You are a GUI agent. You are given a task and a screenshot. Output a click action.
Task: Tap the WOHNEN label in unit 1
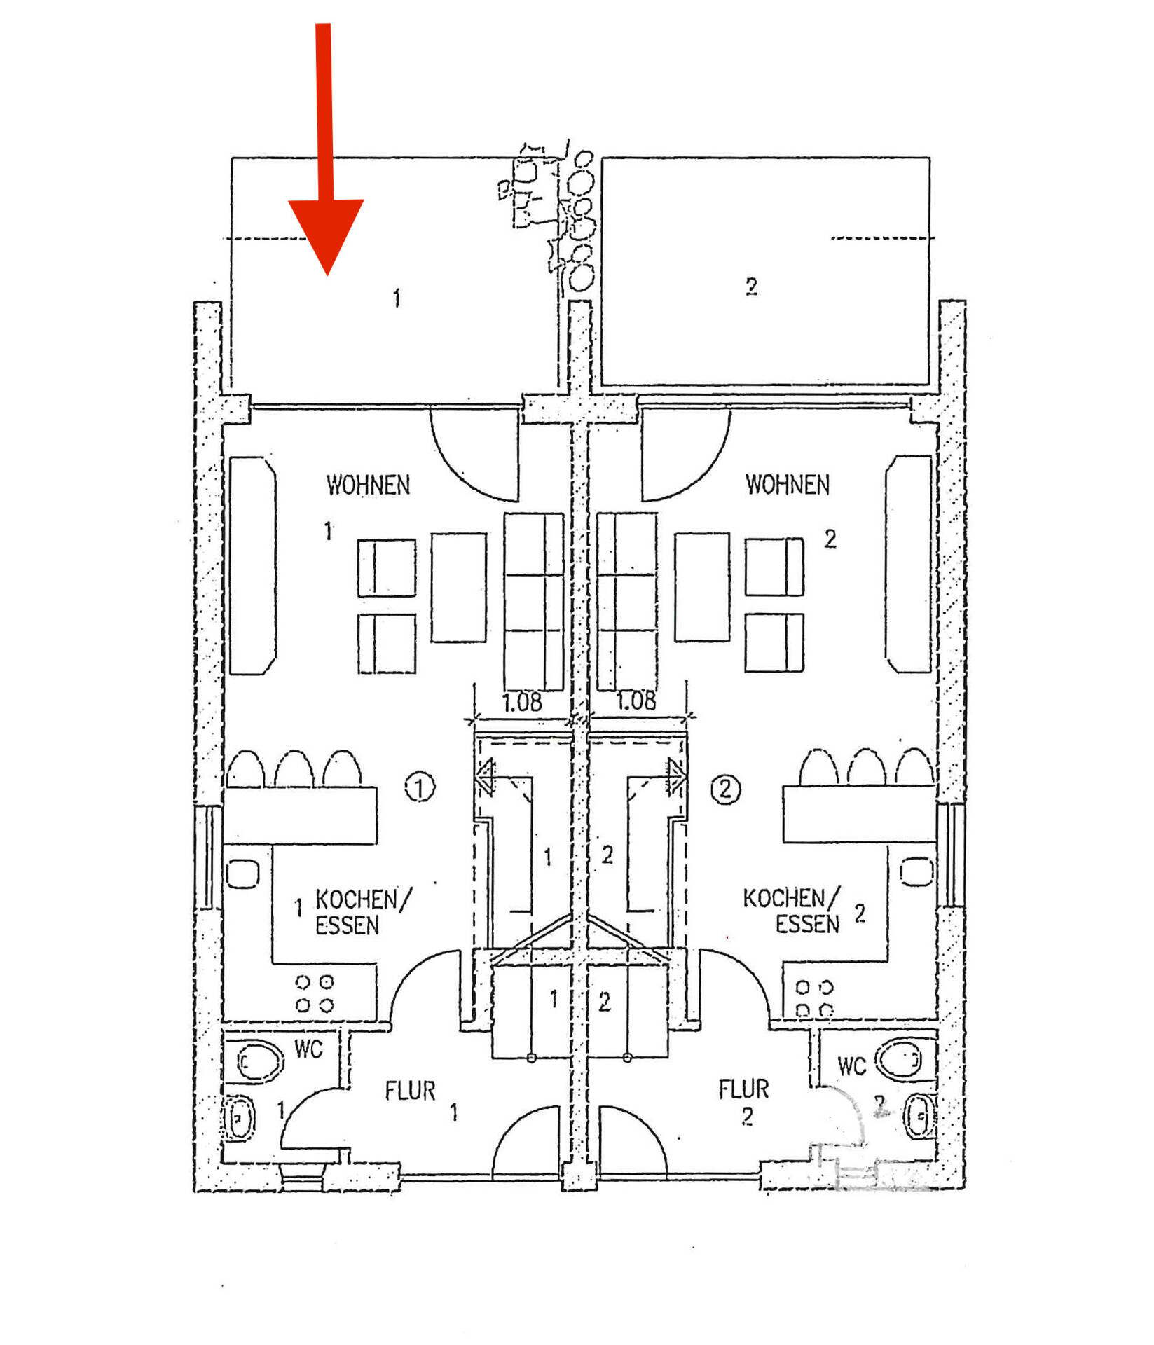point(368,485)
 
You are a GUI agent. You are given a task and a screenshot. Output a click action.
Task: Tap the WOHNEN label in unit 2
point(787,484)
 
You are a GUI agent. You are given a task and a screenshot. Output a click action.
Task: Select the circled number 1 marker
point(420,787)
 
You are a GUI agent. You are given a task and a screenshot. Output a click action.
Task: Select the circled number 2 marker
point(725,789)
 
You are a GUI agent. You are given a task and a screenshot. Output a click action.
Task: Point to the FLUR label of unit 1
point(410,1091)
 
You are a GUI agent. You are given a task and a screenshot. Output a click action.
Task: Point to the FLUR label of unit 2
point(743,1089)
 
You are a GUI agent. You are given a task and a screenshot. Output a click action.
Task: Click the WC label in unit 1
point(308,1049)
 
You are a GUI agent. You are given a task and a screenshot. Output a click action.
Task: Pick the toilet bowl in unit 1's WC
point(259,1061)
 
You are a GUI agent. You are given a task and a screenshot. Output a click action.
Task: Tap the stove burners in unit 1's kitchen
point(315,993)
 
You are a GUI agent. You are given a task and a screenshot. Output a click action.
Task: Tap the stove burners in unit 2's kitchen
point(814,998)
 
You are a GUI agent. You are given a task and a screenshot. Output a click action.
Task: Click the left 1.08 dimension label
point(522,702)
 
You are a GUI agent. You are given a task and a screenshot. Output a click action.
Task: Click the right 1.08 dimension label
point(636,701)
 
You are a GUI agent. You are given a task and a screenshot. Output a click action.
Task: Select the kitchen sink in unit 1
point(243,873)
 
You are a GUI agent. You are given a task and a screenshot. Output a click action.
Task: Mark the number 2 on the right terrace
point(751,286)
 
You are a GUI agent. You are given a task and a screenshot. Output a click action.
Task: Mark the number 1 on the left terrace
point(397,298)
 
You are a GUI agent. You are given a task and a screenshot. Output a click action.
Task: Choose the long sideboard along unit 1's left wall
point(252,565)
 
